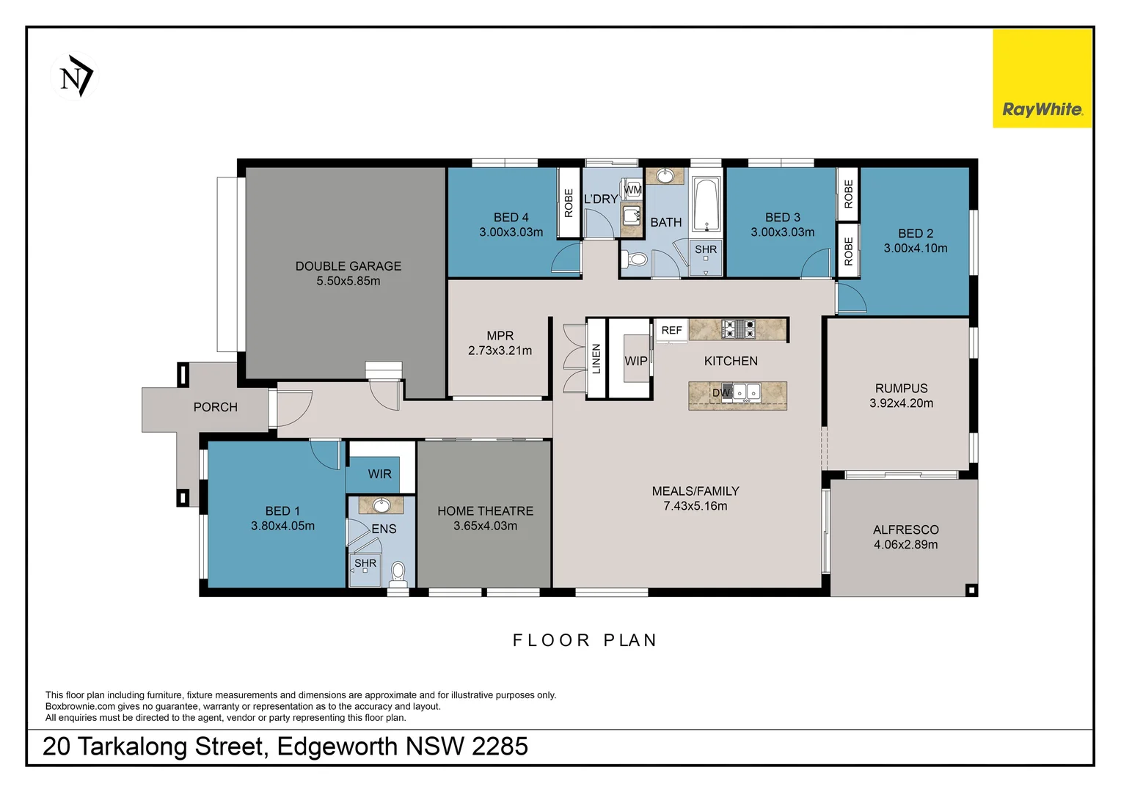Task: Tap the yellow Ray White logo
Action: click(1042, 79)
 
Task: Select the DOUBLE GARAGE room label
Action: click(348, 266)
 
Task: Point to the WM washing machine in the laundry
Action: click(632, 190)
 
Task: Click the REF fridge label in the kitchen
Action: click(671, 331)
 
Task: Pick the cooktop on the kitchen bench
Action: click(739, 329)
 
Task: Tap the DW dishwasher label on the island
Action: click(721, 392)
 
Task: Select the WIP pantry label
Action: click(635, 361)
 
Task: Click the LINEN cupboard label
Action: click(596, 359)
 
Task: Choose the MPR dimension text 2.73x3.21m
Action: click(500, 351)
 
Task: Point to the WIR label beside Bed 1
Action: click(379, 474)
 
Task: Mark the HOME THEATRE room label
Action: click(485, 511)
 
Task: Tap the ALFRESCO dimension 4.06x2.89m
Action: click(905, 545)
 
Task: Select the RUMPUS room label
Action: click(901, 389)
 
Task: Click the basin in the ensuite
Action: click(381, 505)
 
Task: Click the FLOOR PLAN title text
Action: click(584, 641)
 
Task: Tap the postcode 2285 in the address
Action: click(500, 747)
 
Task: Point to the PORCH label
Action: click(215, 407)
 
